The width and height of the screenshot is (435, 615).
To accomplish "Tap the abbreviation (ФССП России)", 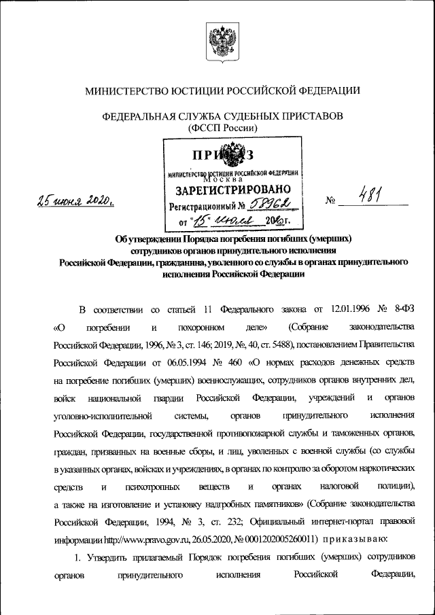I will click(x=217, y=127).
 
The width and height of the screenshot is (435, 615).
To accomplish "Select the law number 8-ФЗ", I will click(x=402, y=311).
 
